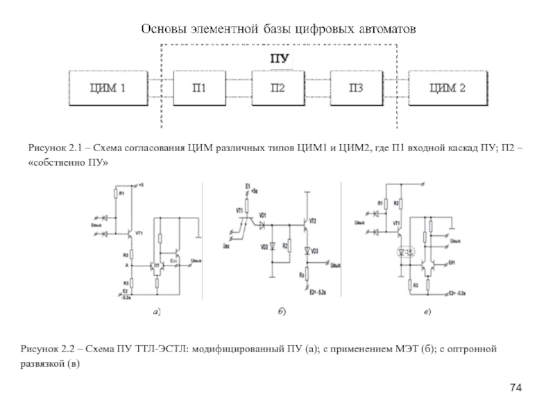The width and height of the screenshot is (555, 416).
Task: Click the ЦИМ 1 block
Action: point(109,88)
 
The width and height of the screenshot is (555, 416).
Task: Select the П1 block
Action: point(199,88)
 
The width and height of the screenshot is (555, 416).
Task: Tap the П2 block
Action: point(277,88)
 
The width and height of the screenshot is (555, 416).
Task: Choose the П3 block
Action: point(356,88)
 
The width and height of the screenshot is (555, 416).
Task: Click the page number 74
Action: point(515,386)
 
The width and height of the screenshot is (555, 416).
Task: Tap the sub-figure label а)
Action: point(157,313)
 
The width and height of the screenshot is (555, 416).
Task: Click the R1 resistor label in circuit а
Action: point(121,193)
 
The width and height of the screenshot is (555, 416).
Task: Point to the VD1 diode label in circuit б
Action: point(262,216)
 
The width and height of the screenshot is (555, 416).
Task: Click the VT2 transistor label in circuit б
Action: point(312,220)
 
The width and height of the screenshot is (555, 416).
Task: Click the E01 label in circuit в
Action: point(452,263)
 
